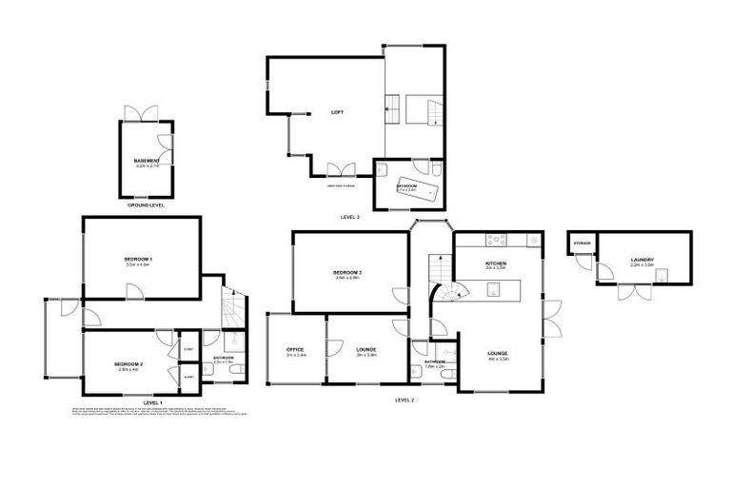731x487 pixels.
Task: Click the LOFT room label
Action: coord(336,112)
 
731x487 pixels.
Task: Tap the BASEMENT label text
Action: coord(147,161)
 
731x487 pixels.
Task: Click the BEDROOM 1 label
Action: coord(139,259)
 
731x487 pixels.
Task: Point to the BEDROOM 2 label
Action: coord(128,364)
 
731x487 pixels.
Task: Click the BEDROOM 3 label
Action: coord(347,273)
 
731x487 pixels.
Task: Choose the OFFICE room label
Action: coord(295,350)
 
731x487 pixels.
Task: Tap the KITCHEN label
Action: coord(495,263)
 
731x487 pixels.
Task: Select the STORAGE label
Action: coord(582,243)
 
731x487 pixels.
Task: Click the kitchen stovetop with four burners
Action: coord(496,239)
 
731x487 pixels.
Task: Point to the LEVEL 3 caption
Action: coord(350,218)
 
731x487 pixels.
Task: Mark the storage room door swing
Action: coord(603,274)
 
